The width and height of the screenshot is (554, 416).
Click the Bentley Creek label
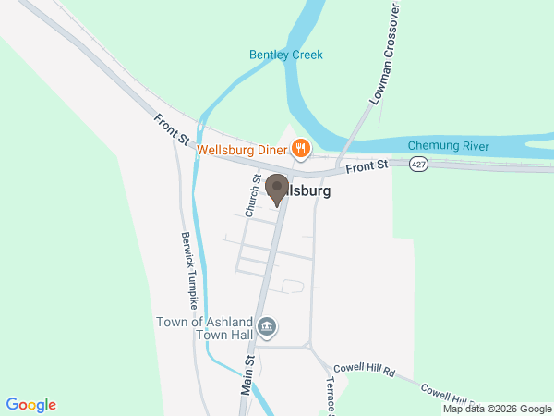click(286, 55)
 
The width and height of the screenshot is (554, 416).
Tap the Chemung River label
click(448, 145)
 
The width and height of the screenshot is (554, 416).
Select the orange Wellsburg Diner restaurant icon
click(300, 148)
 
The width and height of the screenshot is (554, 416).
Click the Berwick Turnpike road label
click(190, 271)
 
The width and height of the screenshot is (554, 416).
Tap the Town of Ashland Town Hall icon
click(268, 326)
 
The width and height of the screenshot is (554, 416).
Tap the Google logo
click(31, 405)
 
